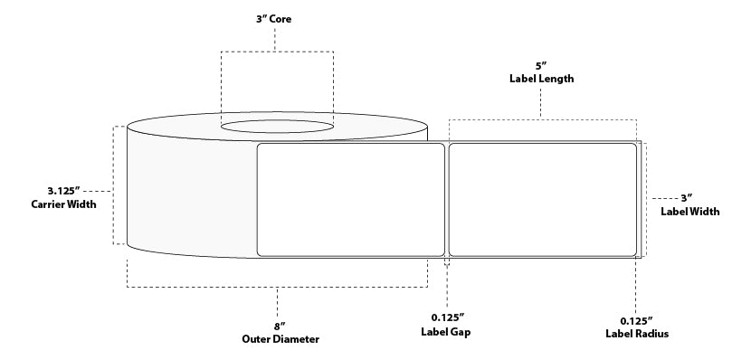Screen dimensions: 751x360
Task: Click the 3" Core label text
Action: point(273,19)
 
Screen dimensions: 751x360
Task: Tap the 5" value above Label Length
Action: point(541,66)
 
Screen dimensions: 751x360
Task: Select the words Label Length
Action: point(541,79)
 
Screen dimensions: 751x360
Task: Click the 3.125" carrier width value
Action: point(63,191)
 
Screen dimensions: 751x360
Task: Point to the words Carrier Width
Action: point(63,204)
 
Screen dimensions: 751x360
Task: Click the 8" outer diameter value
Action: point(277,327)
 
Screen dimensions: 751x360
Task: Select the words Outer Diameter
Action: point(280,339)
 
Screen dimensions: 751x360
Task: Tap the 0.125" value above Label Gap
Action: point(448,317)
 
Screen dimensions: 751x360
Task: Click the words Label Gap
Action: point(446,331)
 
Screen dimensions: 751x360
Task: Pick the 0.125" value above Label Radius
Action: point(636,320)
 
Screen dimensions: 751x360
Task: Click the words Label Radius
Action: point(637,334)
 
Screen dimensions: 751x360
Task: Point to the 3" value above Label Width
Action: point(687,198)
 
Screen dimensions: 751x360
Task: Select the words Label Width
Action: point(690,211)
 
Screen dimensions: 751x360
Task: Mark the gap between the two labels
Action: point(447,200)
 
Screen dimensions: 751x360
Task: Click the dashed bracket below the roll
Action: point(277,287)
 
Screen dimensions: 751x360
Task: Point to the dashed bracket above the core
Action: point(277,52)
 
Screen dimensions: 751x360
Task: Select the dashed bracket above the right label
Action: point(543,119)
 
